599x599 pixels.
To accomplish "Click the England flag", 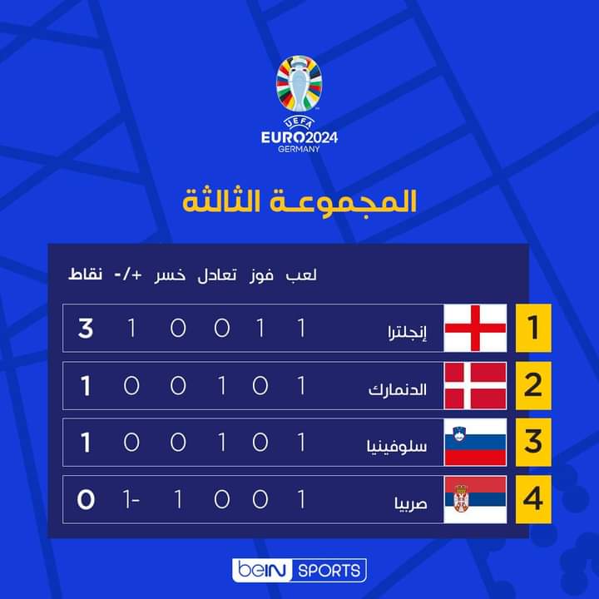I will pos(476,328).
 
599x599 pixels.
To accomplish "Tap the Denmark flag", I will pos(476,385).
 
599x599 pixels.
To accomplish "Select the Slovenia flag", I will pos(476,443).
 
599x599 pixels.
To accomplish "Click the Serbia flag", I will pos(476,499).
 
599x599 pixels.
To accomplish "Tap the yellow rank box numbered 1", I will pos(533,328).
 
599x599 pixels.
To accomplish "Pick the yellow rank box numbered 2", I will pos(533,385).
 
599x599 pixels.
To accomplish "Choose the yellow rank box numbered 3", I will pos(533,443).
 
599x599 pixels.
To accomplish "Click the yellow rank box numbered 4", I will pos(533,499).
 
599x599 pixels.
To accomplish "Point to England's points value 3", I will pos(86,329).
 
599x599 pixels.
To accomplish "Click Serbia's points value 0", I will pos(86,500).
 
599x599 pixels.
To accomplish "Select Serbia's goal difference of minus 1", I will pos(131,500).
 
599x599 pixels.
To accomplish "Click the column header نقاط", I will pos(85,275).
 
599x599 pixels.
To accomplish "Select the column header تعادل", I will pos(217,275).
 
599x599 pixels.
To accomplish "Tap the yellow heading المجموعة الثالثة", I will pos(299,202).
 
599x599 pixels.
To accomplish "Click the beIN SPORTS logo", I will pos(299,570).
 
